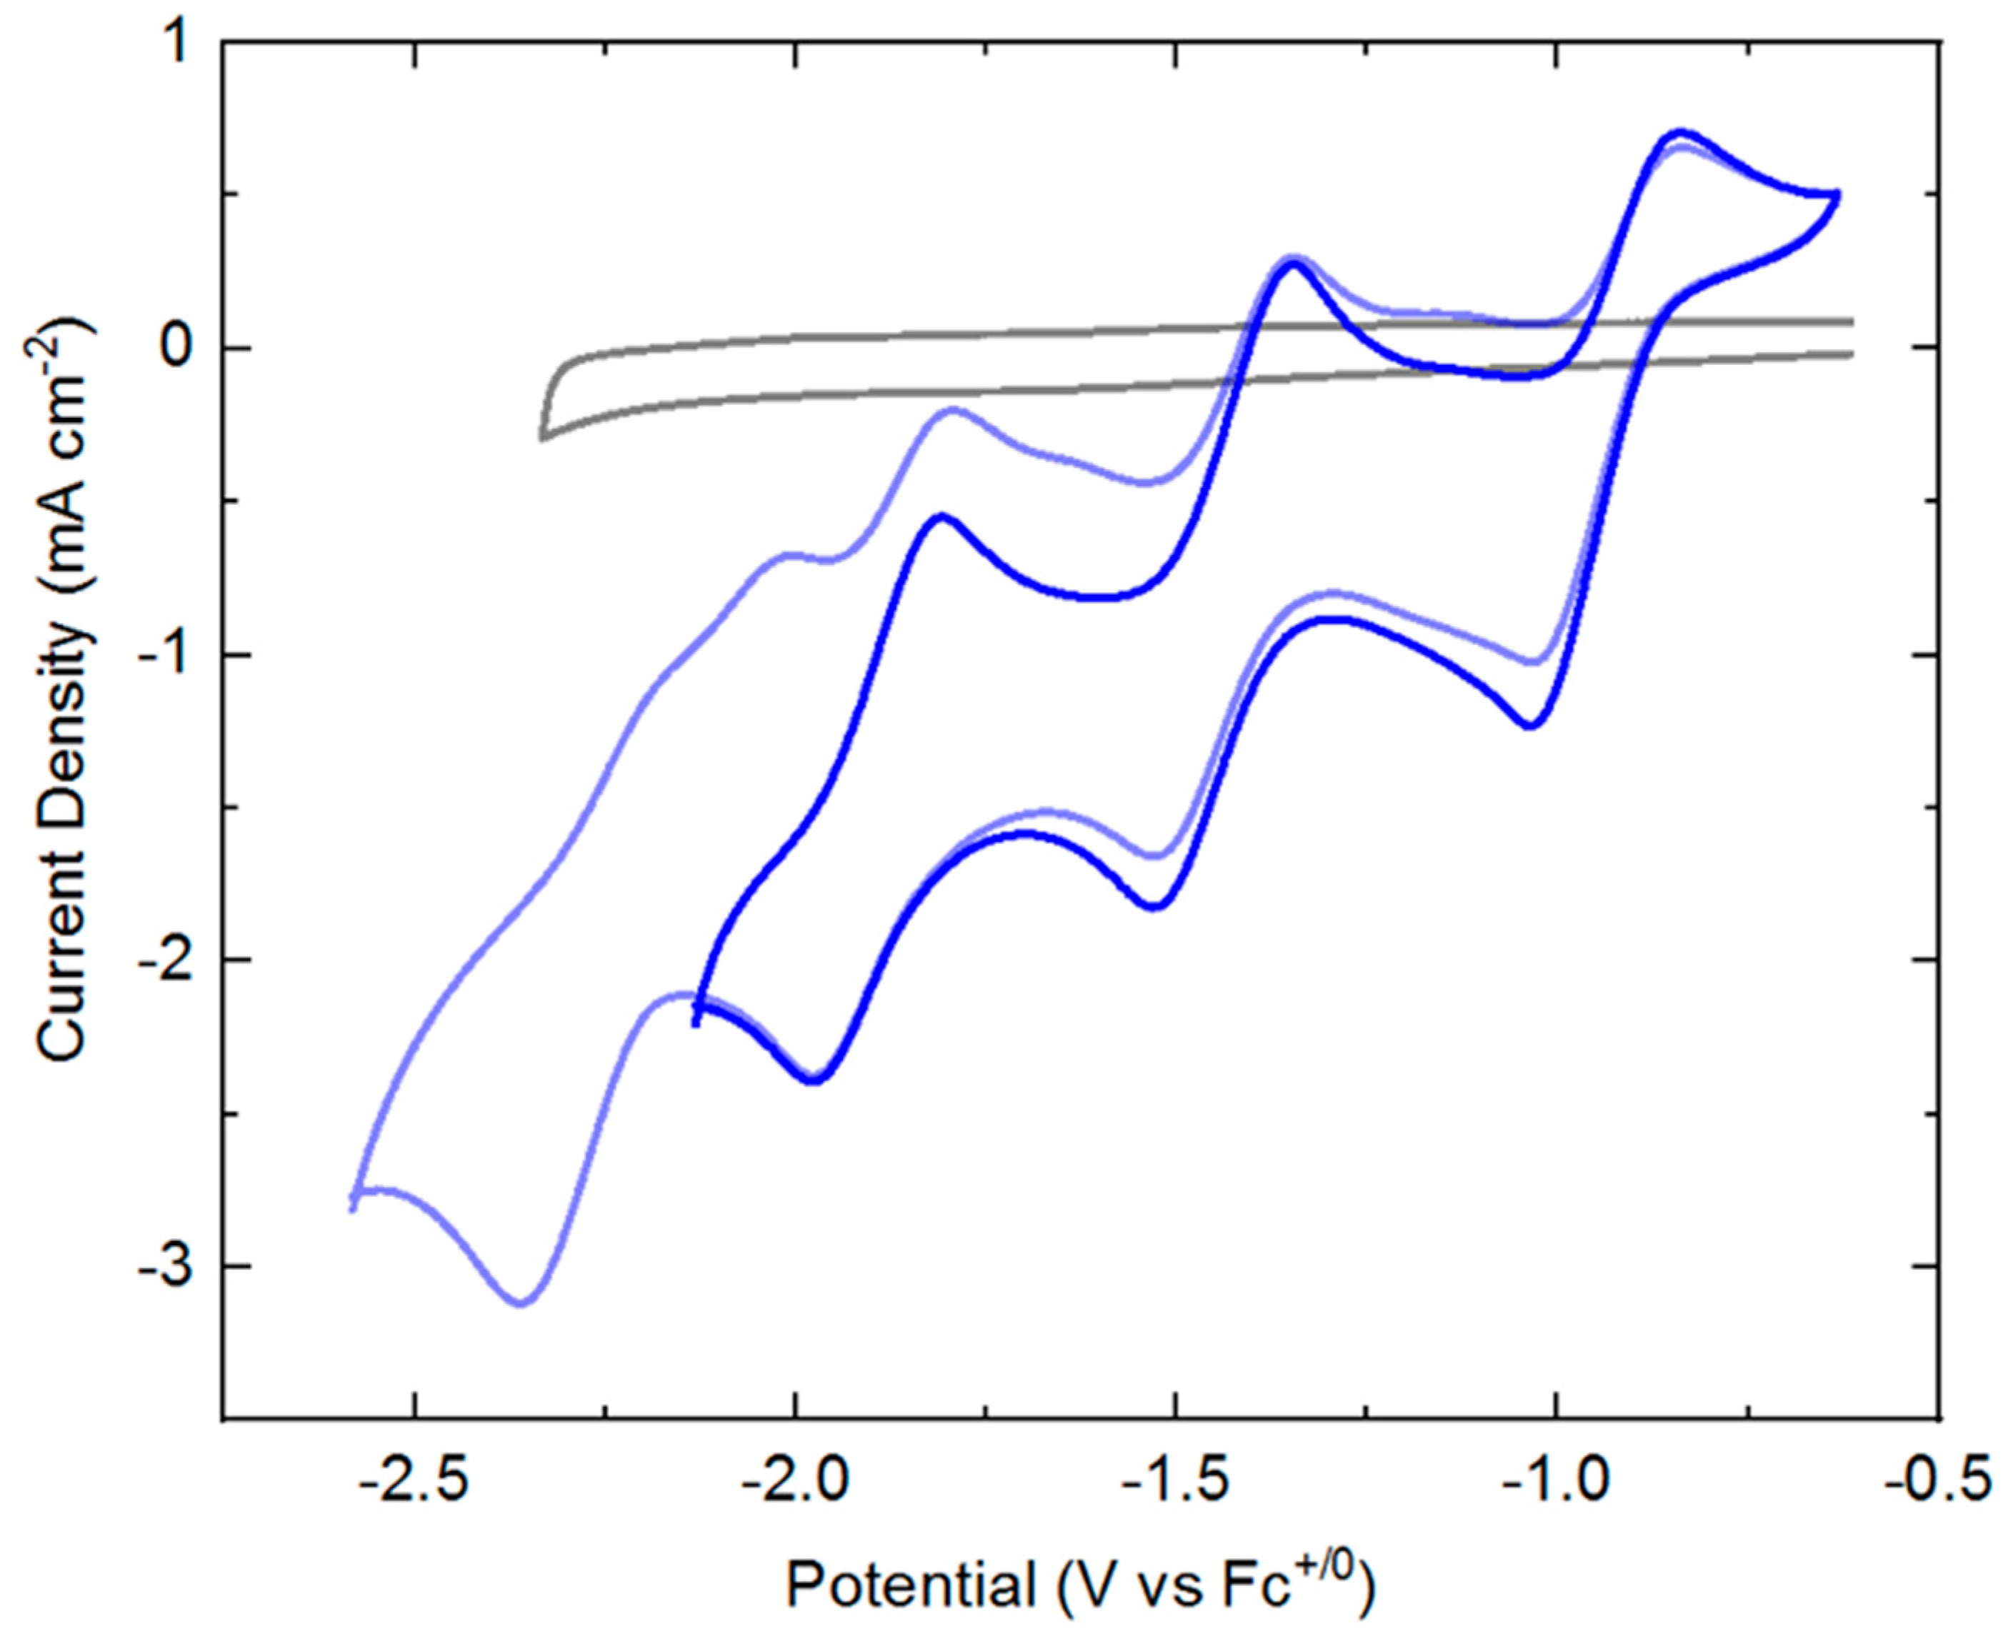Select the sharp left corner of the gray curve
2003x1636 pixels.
[x=542, y=438]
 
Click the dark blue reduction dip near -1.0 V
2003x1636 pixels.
[x=1530, y=726]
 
